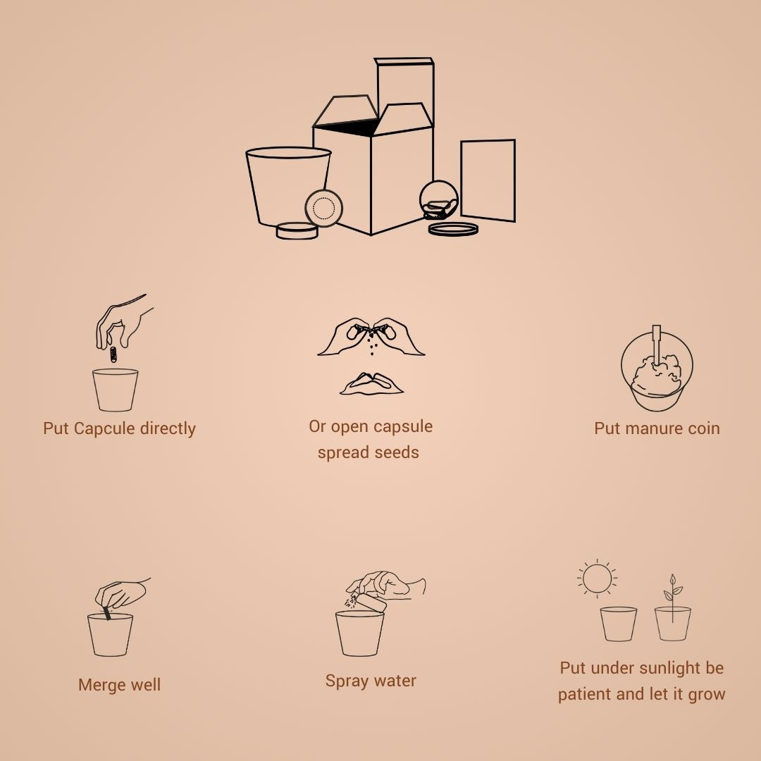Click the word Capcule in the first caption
pyautogui.click(x=104, y=428)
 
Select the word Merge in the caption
pyautogui.click(x=100, y=685)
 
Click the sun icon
pyautogui.click(x=597, y=579)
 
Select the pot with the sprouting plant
pyautogui.click(x=673, y=623)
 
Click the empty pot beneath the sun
pyautogui.click(x=619, y=624)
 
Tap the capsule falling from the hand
pyautogui.click(x=113, y=354)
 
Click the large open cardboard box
pyautogui.click(x=373, y=165)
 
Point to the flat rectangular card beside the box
pyautogui.click(x=488, y=180)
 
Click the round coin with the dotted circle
pyautogui.click(x=323, y=208)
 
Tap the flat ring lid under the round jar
pyautogui.click(x=453, y=229)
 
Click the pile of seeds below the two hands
pyautogui.click(x=372, y=384)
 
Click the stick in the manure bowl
pyautogui.click(x=657, y=345)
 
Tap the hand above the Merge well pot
pyautogui.click(x=121, y=593)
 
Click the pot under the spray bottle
pyautogui.click(x=359, y=633)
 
